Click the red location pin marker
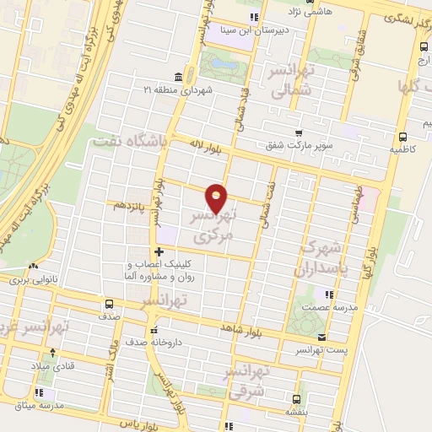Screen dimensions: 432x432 click(x=217, y=198)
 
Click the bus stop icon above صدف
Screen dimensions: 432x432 click(x=109, y=305)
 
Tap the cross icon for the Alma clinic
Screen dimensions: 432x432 click(x=159, y=251)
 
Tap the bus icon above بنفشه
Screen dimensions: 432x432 click(x=294, y=398)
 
